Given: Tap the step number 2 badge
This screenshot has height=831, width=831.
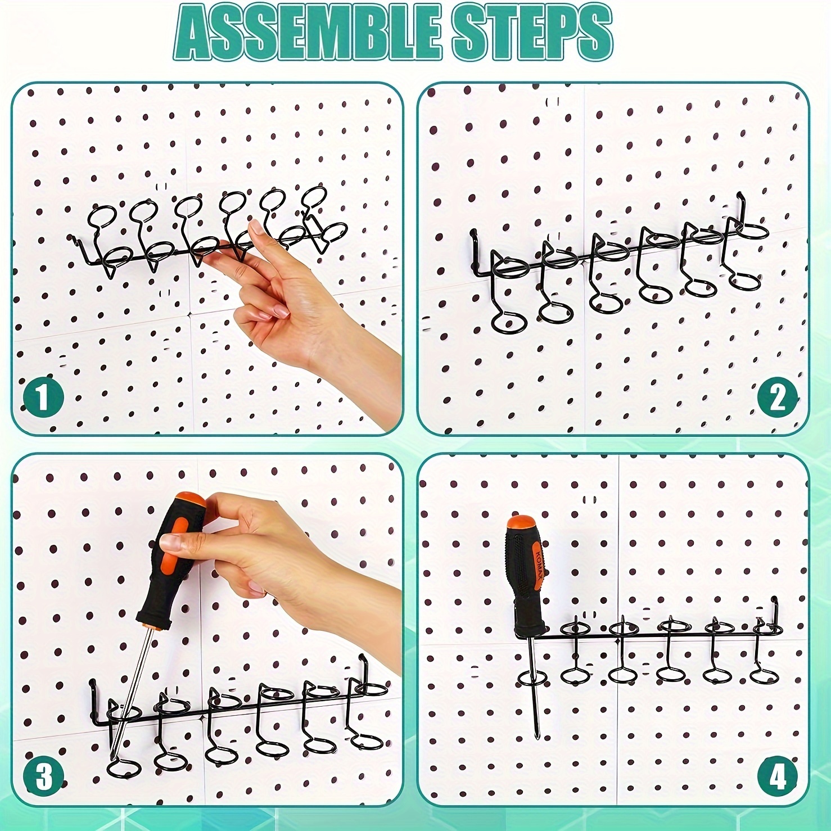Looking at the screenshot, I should click(778, 397).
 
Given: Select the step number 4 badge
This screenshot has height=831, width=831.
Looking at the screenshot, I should click(778, 777).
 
